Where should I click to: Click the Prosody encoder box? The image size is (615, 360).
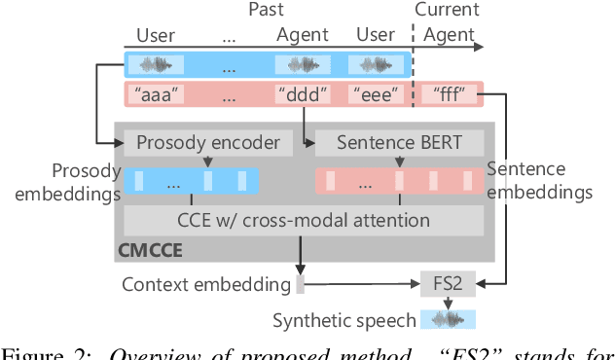pos(208,143)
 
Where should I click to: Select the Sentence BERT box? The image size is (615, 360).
pos(400,143)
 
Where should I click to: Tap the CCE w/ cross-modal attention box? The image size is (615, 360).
pos(304,220)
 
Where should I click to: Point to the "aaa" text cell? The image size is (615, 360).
pos(156,95)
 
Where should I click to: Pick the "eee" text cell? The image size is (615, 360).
pos(377,95)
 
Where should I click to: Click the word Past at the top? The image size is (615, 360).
pos(267,10)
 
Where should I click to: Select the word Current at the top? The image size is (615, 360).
pos(448,10)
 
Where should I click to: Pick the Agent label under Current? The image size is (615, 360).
pos(448,35)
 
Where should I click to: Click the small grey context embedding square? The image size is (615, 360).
pos(300,285)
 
